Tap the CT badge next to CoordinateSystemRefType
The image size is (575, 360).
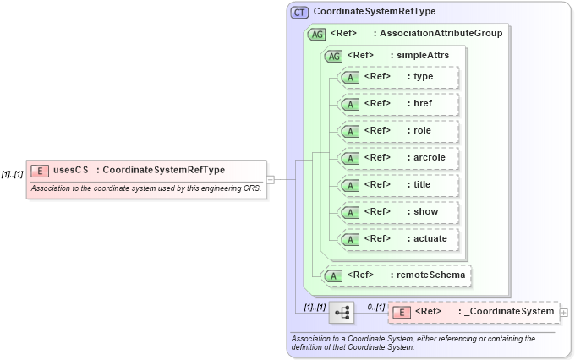tap(299, 13)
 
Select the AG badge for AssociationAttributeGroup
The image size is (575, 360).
tap(316, 34)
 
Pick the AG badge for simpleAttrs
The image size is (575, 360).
tap(333, 56)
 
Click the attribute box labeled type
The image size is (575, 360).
tap(397, 77)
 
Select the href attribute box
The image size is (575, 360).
tap(397, 104)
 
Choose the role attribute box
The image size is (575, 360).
tap(397, 131)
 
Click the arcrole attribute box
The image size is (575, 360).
tap(397, 158)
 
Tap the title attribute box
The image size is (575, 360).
tap(397, 185)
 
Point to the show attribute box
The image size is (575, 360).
tap(397, 212)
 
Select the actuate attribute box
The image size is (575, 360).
tap(397, 239)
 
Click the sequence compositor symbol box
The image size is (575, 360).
tap(342, 312)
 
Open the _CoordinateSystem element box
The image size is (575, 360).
tap(474, 312)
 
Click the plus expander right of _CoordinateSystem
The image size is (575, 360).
tap(564, 312)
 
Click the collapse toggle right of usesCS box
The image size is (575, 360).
tap(271, 179)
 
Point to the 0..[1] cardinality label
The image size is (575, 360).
tap(375, 306)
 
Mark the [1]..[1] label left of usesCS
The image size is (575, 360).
tap(12, 174)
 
